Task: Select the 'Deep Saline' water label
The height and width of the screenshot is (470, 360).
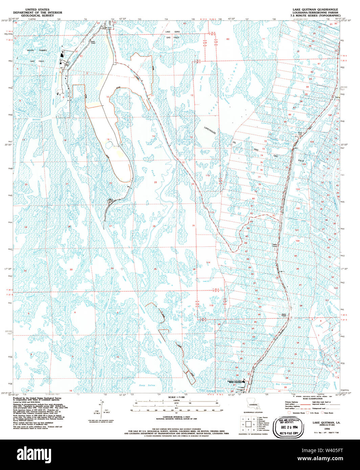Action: pyautogui.click(x=147, y=385)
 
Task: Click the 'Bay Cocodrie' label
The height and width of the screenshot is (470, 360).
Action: pyautogui.click(x=283, y=384)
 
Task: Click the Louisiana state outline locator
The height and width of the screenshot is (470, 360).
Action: pyautogui.click(x=251, y=405)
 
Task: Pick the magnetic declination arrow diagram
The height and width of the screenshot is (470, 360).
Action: pyautogui.click(x=101, y=408)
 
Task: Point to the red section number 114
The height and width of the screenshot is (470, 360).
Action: pyautogui.click(x=208, y=262)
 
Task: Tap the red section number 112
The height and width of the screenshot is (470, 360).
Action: pyautogui.click(x=208, y=176)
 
